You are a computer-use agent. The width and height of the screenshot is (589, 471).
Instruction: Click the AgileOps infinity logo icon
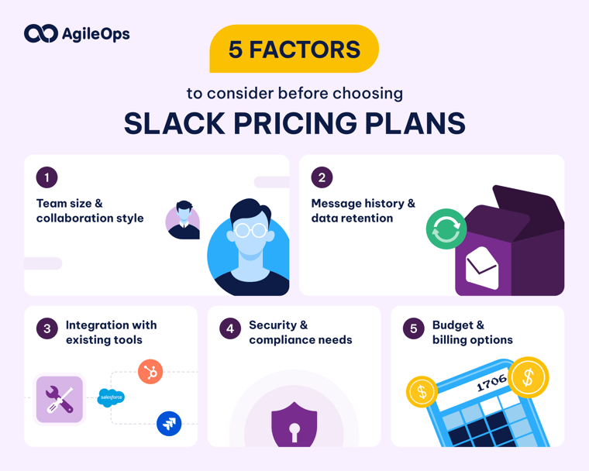pos(40,33)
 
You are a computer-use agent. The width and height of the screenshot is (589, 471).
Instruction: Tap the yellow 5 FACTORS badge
pos(294,49)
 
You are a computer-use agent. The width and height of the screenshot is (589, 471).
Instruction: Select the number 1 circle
pos(46,177)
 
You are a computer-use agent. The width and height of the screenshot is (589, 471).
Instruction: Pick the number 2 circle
pos(322,177)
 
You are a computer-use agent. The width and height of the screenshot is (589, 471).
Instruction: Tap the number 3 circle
pos(46,328)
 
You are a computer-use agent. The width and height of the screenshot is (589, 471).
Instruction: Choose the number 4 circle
pos(229,328)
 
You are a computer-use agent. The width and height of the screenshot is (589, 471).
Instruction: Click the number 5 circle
pos(413,328)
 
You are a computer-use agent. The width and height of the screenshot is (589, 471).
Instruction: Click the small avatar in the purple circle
pos(183,220)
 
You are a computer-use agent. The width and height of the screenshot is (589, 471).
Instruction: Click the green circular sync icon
pos(446,229)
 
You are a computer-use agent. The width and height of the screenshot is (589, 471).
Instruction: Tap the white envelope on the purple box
pos(481,268)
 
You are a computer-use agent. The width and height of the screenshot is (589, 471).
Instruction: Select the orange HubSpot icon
pos(150,373)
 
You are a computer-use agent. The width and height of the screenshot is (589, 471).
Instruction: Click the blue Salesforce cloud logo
pos(111,397)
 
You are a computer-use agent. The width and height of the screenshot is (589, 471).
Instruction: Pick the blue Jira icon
pos(169,423)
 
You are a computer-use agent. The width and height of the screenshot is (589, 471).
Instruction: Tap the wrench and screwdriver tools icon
pos(60,400)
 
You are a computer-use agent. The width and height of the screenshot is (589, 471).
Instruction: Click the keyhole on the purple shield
pos(294,429)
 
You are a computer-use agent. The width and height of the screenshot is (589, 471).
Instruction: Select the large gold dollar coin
pos(529,377)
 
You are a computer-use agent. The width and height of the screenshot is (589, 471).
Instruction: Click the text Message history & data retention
pos(363,211)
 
